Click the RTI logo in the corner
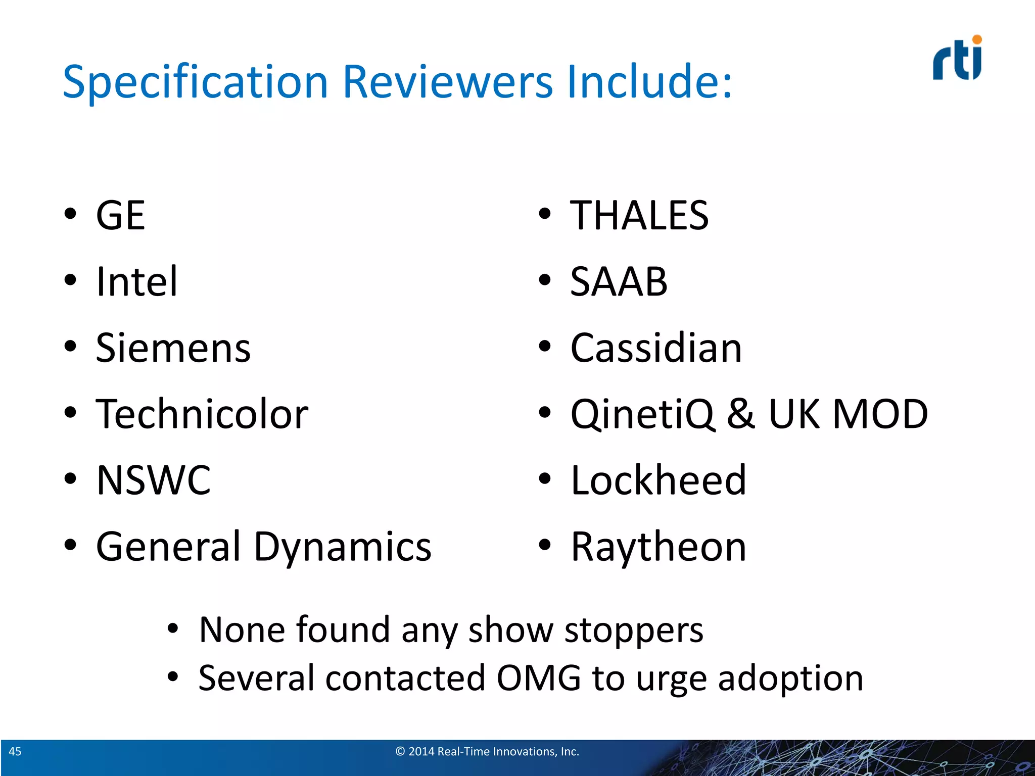coord(957,59)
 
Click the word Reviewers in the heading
coord(448,82)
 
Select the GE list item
coord(121,216)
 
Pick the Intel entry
coord(137,281)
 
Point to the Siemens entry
coord(173,348)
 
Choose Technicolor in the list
coord(202,414)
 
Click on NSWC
coord(154,480)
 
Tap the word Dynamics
coord(343,547)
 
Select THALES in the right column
coord(639,216)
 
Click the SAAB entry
coord(619,281)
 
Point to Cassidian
coord(656,348)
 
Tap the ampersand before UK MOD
coord(741,414)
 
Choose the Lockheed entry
coord(658,480)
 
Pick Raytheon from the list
coord(658,547)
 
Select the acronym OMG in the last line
coord(539,678)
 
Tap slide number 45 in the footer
coord(15,751)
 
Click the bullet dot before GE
coord(70,214)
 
